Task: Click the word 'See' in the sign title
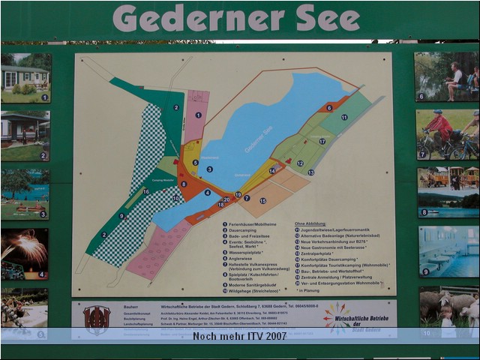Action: (328, 18)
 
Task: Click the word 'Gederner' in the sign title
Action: (198, 18)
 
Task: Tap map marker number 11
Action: (344, 118)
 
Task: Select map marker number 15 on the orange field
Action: (262, 201)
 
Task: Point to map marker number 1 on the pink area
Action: (199, 115)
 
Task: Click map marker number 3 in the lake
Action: (209, 169)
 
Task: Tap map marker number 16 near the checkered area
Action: (146, 191)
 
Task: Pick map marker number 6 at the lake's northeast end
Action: (329, 107)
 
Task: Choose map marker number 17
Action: (322, 141)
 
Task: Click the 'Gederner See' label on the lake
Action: (259, 139)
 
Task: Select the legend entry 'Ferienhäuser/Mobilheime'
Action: (255, 223)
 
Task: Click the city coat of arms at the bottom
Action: (97, 319)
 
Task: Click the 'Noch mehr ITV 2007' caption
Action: (239, 336)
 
